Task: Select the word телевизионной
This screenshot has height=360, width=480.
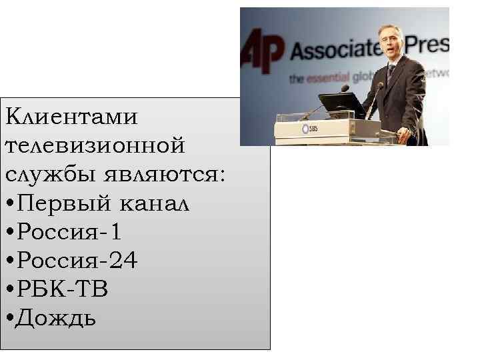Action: pyautogui.click(x=94, y=145)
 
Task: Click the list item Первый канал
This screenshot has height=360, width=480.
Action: pyautogui.click(x=103, y=203)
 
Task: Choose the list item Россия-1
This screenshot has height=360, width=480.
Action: pyautogui.click(x=70, y=232)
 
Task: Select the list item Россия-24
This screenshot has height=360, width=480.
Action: pyautogui.click(x=77, y=261)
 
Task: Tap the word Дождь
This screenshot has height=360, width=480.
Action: pyautogui.click(x=57, y=318)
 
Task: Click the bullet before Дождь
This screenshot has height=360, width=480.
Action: pyautogui.click(x=9, y=318)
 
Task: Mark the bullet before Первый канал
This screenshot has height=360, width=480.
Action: pyautogui.click(x=9, y=203)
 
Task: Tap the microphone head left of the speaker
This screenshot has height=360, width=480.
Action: pyautogui.click(x=345, y=88)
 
